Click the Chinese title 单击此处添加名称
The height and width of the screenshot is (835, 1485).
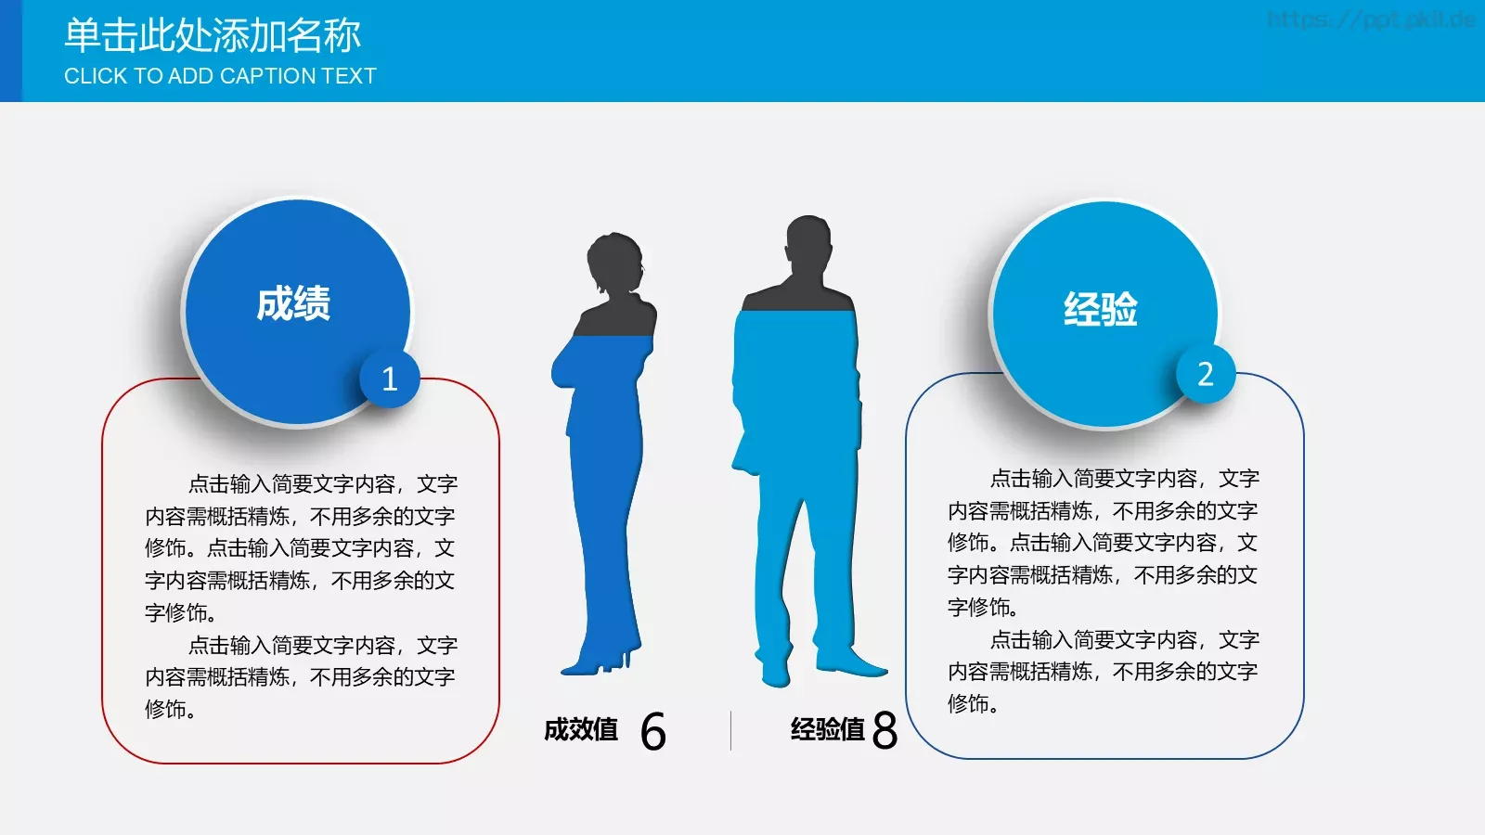(x=212, y=35)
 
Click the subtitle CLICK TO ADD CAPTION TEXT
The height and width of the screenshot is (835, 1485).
(x=220, y=76)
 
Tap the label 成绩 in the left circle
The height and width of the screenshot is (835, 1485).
(x=293, y=304)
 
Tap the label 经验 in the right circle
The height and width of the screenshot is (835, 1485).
(x=1101, y=309)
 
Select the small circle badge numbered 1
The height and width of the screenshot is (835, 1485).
(x=390, y=379)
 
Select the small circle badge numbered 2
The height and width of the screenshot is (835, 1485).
(x=1206, y=374)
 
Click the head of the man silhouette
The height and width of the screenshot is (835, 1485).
(x=808, y=243)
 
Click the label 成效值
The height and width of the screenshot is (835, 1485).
(x=581, y=730)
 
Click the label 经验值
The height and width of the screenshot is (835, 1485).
(x=827, y=730)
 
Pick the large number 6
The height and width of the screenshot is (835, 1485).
(x=652, y=732)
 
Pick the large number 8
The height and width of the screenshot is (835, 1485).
(x=885, y=731)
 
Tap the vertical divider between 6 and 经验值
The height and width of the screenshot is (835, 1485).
(x=731, y=730)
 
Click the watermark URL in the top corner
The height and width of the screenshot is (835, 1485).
(x=1371, y=19)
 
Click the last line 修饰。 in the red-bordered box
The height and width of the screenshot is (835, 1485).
(x=170, y=710)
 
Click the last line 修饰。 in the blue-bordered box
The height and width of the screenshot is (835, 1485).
(x=973, y=704)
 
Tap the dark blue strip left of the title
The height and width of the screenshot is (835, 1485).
(x=10, y=51)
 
